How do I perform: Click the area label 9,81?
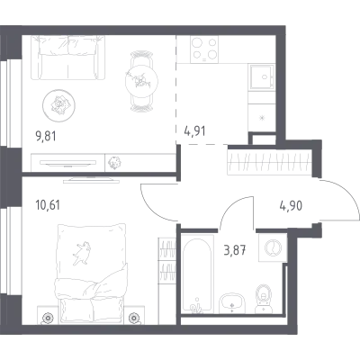coord(46,137)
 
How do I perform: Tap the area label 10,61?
coord(48,205)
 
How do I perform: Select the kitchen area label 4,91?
coord(194,131)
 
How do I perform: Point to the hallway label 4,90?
coord(291,206)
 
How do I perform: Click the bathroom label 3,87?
coord(235,250)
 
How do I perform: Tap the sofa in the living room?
coord(67,58)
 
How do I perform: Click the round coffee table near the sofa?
coord(58,105)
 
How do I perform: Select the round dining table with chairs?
coord(141,82)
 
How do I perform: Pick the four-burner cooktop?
coord(204,49)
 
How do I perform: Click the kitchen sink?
coord(262,76)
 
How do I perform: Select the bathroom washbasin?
coord(232,302)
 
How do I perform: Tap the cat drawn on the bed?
coord(80,253)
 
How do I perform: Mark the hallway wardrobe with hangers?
coord(269,162)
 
